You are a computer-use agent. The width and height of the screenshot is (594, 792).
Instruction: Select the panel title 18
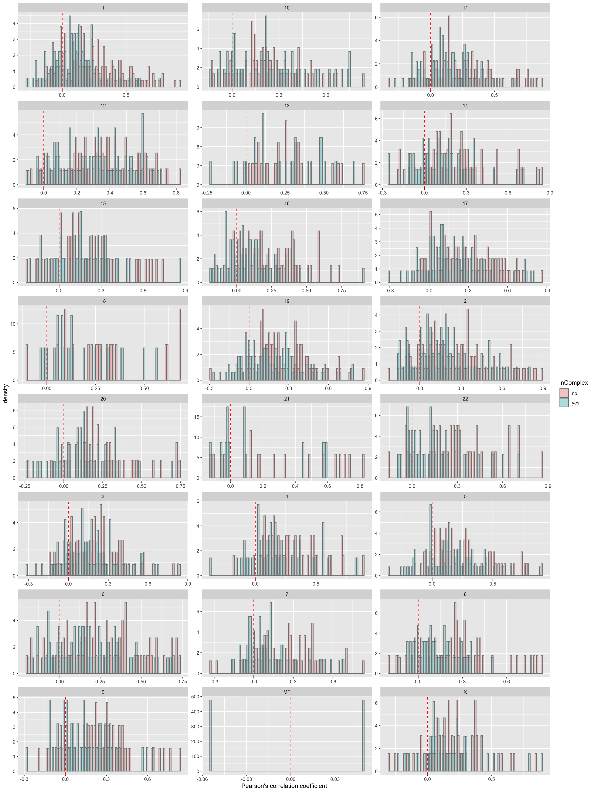click(x=103, y=301)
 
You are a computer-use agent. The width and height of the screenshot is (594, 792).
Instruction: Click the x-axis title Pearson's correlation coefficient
click(x=284, y=786)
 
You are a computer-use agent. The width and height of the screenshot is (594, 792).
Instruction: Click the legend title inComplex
click(x=573, y=383)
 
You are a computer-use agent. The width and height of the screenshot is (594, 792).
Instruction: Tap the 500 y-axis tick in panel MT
click(x=196, y=697)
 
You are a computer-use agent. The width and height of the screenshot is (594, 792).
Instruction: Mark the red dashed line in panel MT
click(x=291, y=734)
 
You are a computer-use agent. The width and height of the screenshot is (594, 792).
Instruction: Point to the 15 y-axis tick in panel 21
click(x=196, y=417)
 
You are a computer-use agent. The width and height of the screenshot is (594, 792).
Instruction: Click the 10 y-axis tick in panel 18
click(x=13, y=324)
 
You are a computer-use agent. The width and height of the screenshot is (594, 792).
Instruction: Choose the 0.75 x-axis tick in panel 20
click(x=180, y=486)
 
